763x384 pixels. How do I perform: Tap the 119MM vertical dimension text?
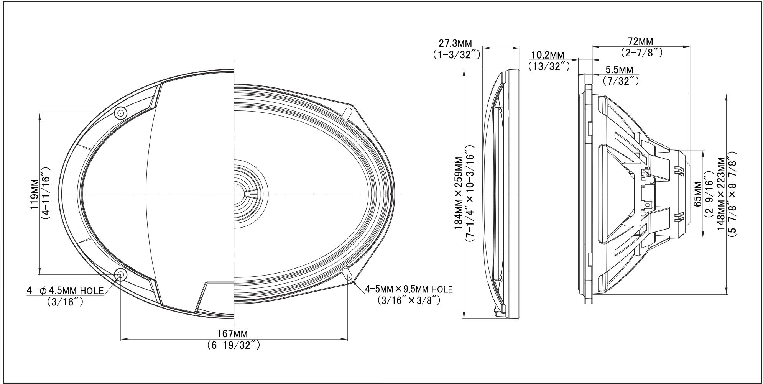tap(35, 194)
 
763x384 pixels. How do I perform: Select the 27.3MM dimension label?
tap(455, 43)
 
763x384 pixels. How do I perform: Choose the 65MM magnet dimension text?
tap(697, 194)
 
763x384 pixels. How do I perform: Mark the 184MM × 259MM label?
tap(459, 192)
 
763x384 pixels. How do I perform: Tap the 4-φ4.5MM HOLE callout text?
tap(65, 290)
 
